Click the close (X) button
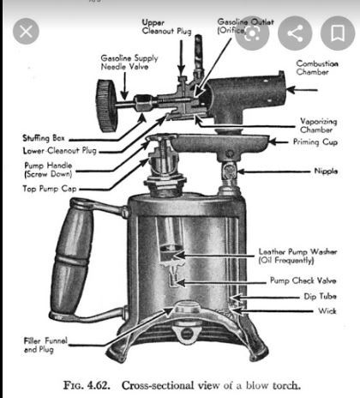[26, 31]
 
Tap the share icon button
[295, 33]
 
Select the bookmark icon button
[338, 33]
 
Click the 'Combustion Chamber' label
[317, 68]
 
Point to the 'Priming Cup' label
[315, 142]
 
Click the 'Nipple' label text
[326, 171]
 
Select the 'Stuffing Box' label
[44, 138]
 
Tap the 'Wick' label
[327, 311]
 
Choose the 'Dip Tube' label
[320, 297]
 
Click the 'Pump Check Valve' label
[303, 280]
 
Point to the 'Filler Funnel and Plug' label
[45, 345]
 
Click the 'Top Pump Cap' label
[50, 189]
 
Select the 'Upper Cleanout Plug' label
[166, 27]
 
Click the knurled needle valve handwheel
[107, 106]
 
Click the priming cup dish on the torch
[220, 142]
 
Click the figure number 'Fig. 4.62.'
[87, 385]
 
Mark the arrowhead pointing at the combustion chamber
[291, 90]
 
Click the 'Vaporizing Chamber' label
[319, 125]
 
